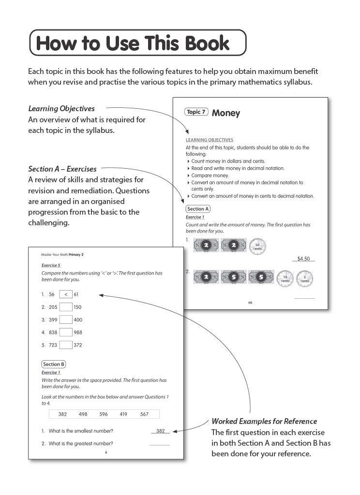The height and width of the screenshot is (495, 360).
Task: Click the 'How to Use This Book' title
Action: point(133,43)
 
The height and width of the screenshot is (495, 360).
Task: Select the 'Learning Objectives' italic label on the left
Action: point(61,108)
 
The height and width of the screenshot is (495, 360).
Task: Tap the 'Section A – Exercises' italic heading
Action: point(62,169)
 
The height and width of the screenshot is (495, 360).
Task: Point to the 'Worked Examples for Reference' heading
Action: point(264,421)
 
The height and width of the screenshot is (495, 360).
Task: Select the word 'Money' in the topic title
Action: point(226,113)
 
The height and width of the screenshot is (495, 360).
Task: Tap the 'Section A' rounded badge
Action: point(198,209)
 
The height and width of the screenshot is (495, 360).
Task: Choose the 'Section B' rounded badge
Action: point(54,364)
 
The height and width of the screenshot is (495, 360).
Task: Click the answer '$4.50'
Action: point(303,259)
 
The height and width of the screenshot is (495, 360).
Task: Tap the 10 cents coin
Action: point(285,278)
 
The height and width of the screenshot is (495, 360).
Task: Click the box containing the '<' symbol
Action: point(66,294)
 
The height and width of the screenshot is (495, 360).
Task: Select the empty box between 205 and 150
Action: point(66,307)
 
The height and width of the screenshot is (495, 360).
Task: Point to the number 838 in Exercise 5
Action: point(53,332)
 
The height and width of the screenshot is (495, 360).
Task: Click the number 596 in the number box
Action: point(104,414)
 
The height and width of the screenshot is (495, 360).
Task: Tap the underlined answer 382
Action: point(161,431)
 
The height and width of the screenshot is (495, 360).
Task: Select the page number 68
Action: point(250,303)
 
